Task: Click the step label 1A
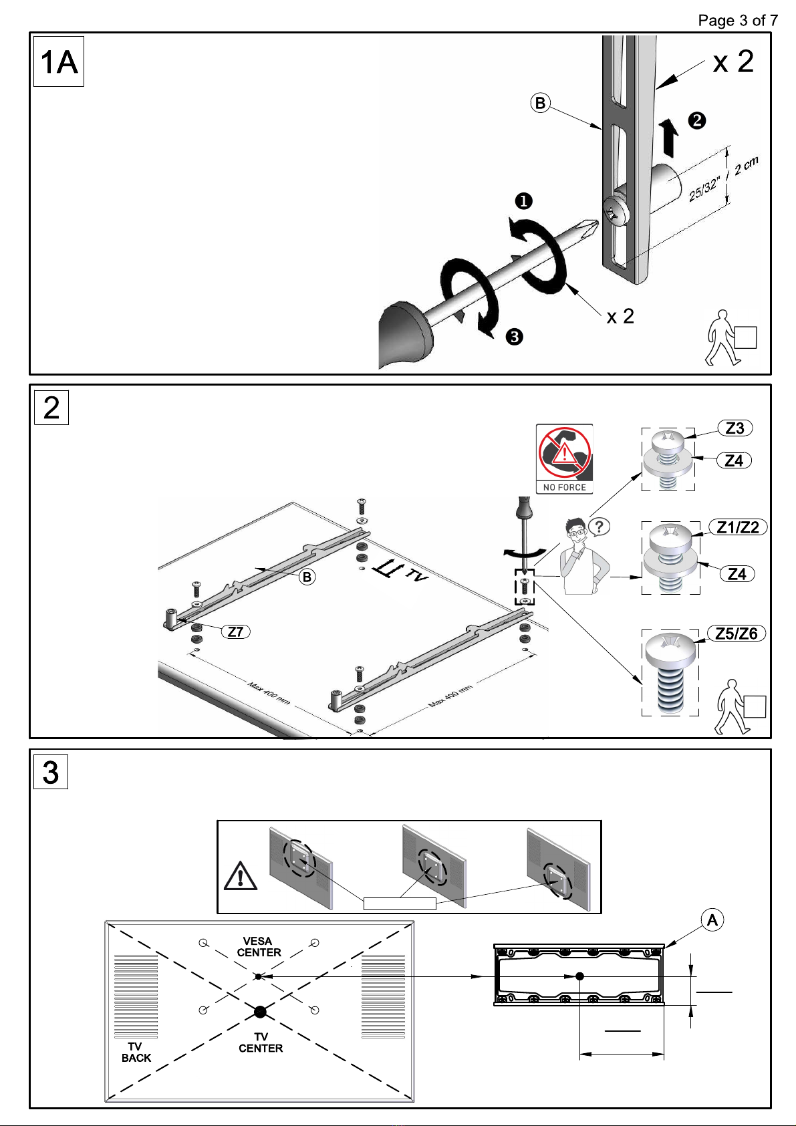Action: (x=58, y=62)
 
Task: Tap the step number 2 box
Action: (x=51, y=408)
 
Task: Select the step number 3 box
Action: (x=51, y=772)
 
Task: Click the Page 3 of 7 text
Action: (x=738, y=21)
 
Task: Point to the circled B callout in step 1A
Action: (x=541, y=103)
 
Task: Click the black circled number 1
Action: (x=523, y=201)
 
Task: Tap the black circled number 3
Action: (x=514, y=336)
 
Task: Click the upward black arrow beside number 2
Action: (x=669, y=136)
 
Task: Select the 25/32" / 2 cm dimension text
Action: (x=722, y=180)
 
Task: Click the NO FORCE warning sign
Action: (x=564, y=459)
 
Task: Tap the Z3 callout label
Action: (x=735, y=428)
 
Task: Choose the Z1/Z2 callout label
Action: (x=738, y=527)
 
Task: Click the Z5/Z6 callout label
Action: (x=736, y=634)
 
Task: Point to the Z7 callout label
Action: (x=236, y=632)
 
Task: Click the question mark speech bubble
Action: (x=599, y=527)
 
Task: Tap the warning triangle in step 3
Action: (x=241, y=876)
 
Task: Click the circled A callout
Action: (x=712, y=920)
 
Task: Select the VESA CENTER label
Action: (x=259, y=947)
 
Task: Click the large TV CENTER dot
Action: (x=260, y=1011)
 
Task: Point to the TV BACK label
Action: (x=136, y=1052)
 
